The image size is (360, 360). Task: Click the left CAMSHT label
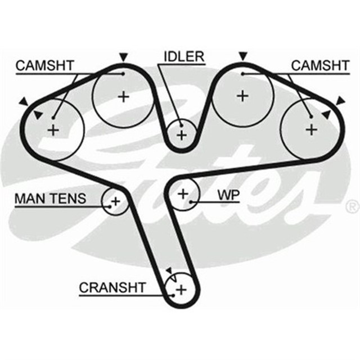(44, 65)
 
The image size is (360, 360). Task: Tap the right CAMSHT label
(319, 65)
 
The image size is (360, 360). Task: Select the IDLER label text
(183, 57)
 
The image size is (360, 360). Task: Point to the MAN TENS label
(50, 198)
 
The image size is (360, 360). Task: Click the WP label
(228, 195)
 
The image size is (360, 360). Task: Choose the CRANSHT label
(112, 287)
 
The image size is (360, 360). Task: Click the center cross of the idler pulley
(181, 135)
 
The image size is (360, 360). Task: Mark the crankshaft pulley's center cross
(181, 290)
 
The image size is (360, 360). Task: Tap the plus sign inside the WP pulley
(183, 193)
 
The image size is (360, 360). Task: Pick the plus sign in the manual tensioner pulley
(115, 200)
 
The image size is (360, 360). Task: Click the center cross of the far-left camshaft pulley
(53, 130)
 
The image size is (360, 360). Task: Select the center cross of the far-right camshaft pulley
(311, 129)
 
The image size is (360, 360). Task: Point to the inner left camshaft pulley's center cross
(123, 96)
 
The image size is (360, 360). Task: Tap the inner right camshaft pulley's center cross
(242, 96)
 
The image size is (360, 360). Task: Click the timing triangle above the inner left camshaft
(123, 57)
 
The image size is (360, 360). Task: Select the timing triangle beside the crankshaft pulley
(168, 271)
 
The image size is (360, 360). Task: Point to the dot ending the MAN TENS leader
(107, 206)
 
